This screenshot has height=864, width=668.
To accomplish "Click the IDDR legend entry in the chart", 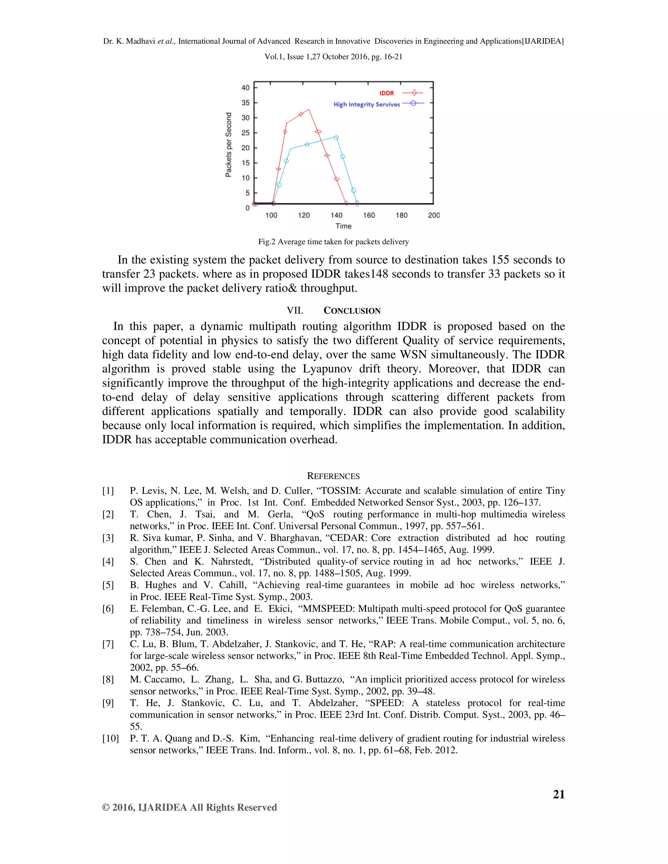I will [x=387, y=93].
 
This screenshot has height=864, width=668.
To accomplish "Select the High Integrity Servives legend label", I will [x=366, y=104].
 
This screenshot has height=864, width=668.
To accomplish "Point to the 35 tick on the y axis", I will [x=246, y=103].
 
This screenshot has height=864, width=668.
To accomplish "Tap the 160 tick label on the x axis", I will [x=369, y=215].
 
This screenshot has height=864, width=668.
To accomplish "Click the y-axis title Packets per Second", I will [x=228, y=145].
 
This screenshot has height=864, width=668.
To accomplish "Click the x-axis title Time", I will [x=343, y=226].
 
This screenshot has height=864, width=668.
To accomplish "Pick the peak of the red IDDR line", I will [x=309, y=110].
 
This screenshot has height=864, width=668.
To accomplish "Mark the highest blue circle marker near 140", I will [x=336, y=138].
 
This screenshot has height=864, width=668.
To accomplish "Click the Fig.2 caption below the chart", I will [x=333, y=242].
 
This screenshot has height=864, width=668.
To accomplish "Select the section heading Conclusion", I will [x=352, y=310].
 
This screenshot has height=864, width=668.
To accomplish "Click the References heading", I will [x=333, y=476].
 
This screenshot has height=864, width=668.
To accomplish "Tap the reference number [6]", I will [x=108, y=608].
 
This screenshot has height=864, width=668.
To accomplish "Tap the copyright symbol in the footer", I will [x=106, y=807].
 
